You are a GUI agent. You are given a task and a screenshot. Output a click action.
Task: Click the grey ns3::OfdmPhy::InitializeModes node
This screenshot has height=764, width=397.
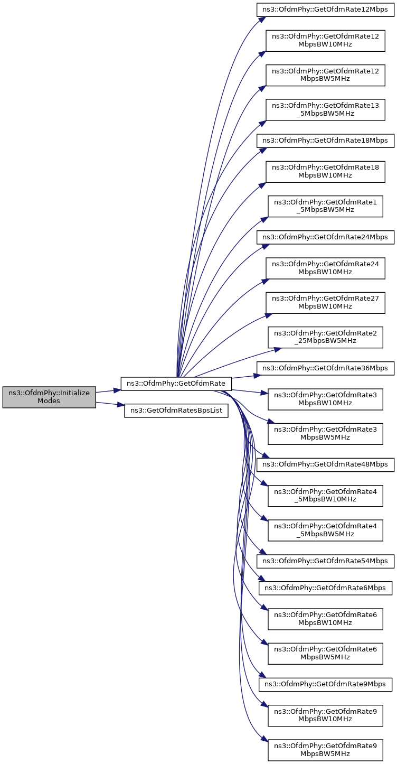coord(49,397)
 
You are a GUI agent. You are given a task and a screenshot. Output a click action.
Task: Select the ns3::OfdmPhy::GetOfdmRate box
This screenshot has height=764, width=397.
coord(176,384)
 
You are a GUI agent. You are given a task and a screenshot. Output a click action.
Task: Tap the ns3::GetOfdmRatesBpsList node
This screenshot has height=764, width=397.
coord(176,411)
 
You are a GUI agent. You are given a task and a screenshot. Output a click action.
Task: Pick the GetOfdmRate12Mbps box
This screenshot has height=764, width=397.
coord(325,10)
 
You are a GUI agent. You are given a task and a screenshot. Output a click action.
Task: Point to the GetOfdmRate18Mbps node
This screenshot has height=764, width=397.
coord(325,141)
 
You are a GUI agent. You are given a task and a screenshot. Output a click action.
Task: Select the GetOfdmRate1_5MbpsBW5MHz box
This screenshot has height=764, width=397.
coord(325,206)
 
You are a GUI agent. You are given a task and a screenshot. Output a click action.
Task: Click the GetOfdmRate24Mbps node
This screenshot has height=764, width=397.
coord(325,237)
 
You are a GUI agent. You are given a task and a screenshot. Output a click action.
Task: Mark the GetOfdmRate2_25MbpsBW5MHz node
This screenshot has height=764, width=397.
coord(325,337)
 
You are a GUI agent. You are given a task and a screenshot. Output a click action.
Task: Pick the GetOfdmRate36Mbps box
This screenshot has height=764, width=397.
coord(325,368)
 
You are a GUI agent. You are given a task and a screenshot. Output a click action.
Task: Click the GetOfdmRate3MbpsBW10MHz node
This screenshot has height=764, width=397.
coord(325,399)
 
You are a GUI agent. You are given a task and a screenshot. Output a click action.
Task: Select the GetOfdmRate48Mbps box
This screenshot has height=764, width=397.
coord(325,464)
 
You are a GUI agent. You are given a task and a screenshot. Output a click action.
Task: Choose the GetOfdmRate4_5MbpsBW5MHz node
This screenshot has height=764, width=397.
coord(325,529)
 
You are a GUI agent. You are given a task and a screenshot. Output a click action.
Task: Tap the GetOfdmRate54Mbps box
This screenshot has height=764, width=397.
coord(325,561)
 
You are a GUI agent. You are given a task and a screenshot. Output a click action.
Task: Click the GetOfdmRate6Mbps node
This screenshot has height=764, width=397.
coord(325,588)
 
